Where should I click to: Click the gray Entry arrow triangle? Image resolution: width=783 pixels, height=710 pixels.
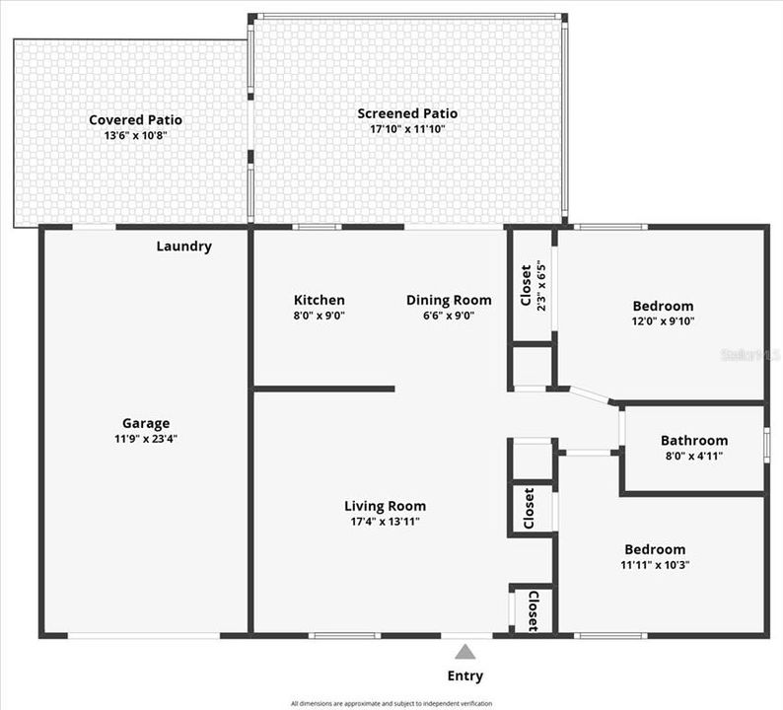pyautogui.click(x=464, y=652)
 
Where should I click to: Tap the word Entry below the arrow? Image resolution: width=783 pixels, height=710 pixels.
pyautogui.click(x=465, y=675)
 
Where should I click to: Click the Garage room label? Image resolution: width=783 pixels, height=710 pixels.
pyautogui.click(x=146, y=423)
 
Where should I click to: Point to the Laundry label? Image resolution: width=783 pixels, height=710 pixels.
pyautogui.click(x=184, y=247)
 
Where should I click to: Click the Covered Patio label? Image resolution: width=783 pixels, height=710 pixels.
pyautogui.click(x=135, y=120)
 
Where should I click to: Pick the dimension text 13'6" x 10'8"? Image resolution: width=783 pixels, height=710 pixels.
pyautogui.click(x=135, y=135)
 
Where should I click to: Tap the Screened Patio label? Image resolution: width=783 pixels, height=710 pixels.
pyautogui.click(x=407, y=113)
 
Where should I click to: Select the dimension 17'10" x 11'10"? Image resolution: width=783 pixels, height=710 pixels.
pyautogui.click(x=407, y=128)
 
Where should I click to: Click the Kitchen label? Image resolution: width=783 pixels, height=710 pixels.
pyautogui.click(x=320, y=300)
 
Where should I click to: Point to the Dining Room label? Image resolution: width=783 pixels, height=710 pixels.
pyautogui.click(x=449, y=300)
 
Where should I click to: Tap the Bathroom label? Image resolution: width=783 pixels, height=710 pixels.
pyautogui.click(x=694, y=441)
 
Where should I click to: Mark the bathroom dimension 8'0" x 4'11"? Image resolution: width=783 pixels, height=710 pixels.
pyautogui.click(x=694, y=456)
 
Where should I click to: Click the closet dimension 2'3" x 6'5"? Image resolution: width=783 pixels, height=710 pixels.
pyautogui.click(x=540, y=285)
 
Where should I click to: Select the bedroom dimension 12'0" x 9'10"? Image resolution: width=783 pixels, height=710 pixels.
pyautogui.click(x=663, y=320)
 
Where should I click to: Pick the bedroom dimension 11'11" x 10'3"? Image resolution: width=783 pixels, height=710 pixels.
pyautogui.click(x=655, y=564)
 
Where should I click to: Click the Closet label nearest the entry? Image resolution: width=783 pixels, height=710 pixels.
pyautogui.click(x=533, y=610)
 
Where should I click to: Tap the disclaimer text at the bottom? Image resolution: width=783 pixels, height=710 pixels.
pyautogui.click(x=391, y=703)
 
